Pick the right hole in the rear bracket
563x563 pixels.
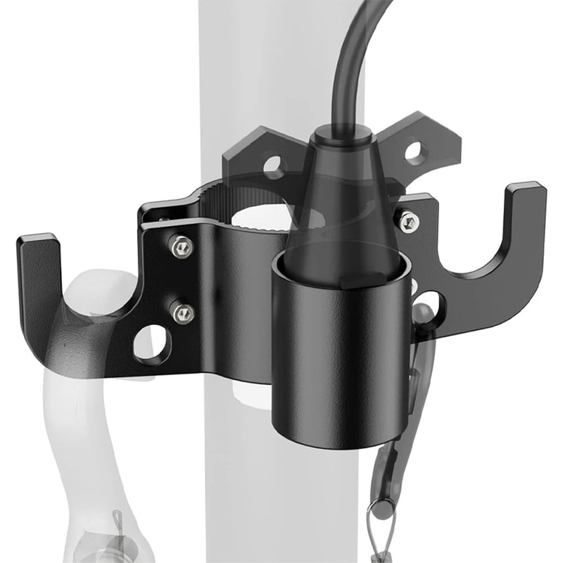(415, 150)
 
